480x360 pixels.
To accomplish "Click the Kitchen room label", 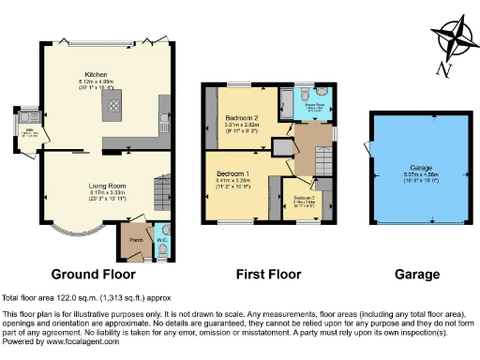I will (x=96, y=74).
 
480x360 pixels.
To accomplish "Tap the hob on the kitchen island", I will (x=114, y=109).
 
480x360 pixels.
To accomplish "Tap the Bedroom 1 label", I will (x=232, y=174).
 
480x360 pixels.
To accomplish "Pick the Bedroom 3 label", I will (x=305, y=198).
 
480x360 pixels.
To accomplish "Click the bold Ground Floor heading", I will (x=93, y=275).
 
